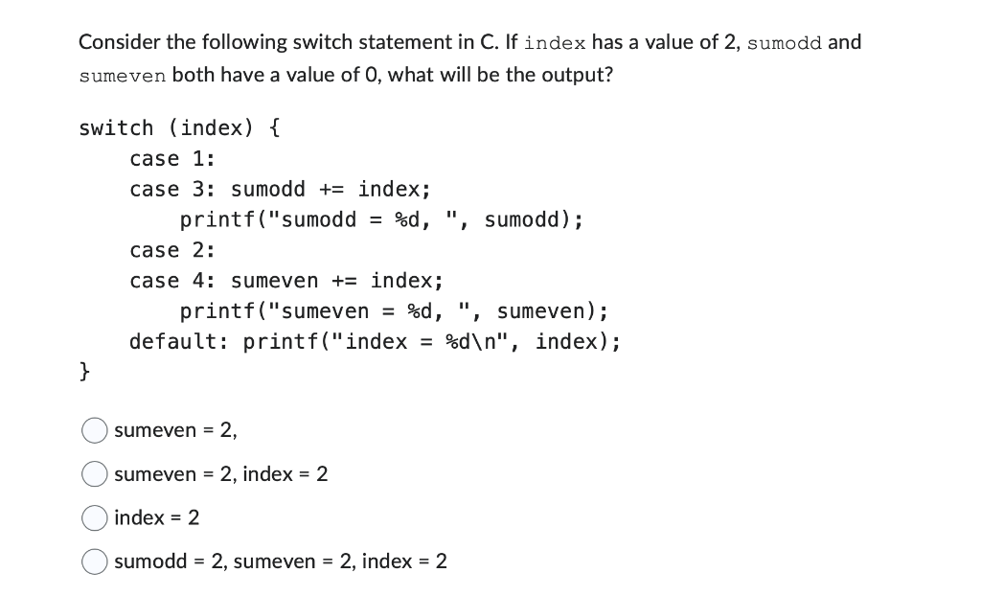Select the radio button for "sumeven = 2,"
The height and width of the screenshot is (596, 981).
(94, 431)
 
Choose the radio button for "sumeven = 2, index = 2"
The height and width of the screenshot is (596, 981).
(94, 474)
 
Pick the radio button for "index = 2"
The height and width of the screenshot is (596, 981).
(94, 518)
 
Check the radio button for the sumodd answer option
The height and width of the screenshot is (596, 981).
(94, 562)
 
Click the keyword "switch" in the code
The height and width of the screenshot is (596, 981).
(116, 128)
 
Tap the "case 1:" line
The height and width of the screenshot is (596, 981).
(172, 159)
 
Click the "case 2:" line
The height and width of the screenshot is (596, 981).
(172, 251)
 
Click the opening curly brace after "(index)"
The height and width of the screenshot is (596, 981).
(274, 128)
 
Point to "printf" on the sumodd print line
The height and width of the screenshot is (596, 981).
(217, 220)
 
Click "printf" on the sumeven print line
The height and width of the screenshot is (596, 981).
(217, 312)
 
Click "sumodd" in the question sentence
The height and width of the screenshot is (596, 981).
(784, 43)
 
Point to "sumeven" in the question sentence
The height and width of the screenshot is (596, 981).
(123, 75)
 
